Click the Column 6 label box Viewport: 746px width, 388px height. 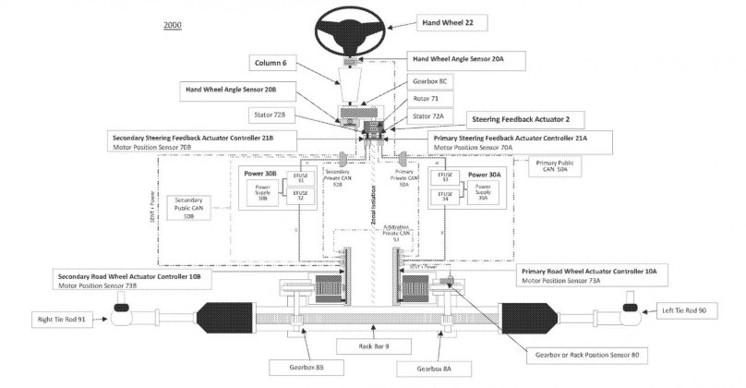point(273,63)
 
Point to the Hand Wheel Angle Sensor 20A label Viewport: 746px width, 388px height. point(471,57)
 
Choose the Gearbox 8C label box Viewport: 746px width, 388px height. point(429,81)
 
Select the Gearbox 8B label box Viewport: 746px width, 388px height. point(301,367)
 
